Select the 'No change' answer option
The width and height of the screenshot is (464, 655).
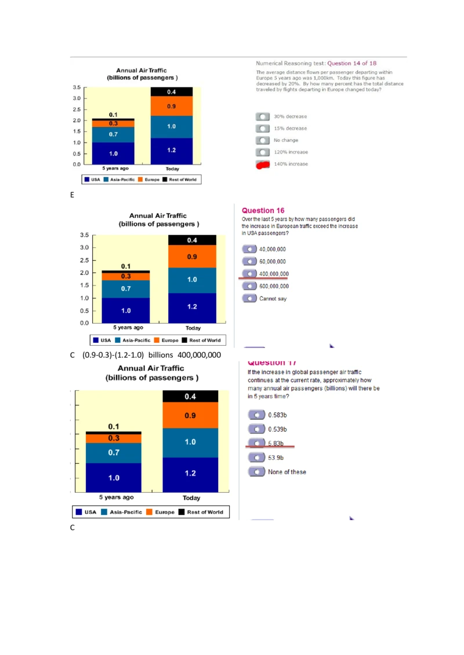coord(263,140)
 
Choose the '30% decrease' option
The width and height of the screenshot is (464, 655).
coord(263,116)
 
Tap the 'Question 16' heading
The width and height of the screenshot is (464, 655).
coord(263,211)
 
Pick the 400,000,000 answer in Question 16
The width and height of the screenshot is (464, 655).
coord(249,274)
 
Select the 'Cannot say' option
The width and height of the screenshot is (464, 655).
coord(249,299)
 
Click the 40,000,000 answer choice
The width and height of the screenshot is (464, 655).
coord(249,250)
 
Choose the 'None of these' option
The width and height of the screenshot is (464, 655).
coord(256,472)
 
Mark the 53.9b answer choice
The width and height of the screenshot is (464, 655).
coord(256,458)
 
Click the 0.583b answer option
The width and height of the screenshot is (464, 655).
coord(256,415)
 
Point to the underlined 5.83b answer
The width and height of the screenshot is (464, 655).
coord(256,444)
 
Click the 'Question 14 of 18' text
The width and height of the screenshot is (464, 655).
coord(351,63)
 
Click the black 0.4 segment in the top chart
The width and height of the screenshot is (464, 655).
coord(172,92)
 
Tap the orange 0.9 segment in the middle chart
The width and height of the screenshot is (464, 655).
coord(192,256)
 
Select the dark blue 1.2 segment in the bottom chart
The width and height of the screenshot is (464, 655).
coord(190,474)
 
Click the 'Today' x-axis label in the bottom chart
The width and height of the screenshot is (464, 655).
coord(191,498)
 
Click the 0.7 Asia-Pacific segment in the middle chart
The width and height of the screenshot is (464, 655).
coord(126,288)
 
